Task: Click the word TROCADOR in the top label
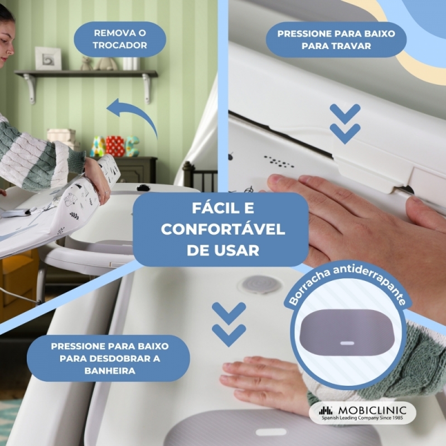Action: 120,45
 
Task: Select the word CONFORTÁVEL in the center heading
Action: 223,229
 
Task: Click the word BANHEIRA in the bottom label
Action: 110,371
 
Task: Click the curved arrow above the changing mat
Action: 134,115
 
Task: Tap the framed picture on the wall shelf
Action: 48,59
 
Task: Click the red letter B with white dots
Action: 115,146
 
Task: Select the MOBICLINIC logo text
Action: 372,410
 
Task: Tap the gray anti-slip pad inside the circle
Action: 347,332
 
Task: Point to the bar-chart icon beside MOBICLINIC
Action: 326,410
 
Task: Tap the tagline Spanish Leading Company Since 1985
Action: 362,418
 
